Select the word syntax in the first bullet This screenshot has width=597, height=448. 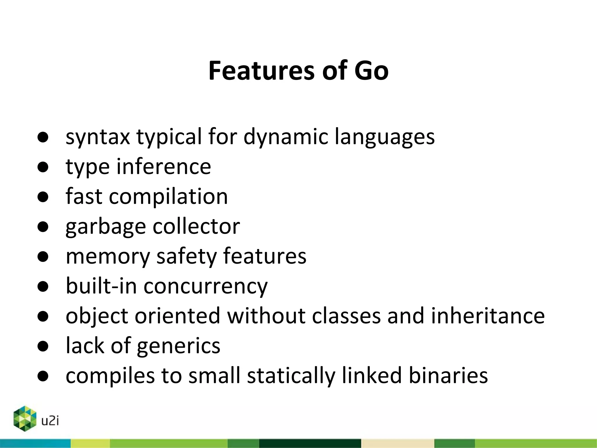98,137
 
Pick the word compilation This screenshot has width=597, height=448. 168,197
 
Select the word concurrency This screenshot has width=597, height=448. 206,286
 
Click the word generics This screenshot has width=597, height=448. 178,346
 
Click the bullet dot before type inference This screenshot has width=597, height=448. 43,167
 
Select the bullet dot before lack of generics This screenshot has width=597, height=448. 43,346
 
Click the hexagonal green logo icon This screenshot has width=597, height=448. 25,418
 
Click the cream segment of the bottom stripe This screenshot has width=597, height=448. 398,443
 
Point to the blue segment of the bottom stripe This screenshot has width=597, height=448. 35,443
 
